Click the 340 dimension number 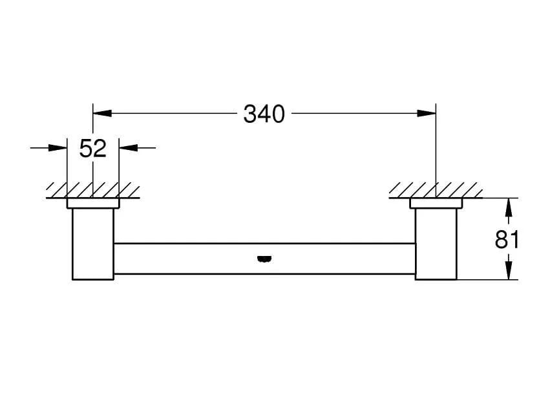click(264, 114)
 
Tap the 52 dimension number click(92, 149)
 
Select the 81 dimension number click(507, 239)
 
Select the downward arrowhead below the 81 click(509, 271)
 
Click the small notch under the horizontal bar click(264, 260)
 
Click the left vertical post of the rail click(92, 244)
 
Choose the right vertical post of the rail click(436, 244)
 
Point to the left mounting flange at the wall click(93, 203)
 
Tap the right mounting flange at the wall click(436, 203)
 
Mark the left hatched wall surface click(93, 191)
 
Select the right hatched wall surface click(436, 191)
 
